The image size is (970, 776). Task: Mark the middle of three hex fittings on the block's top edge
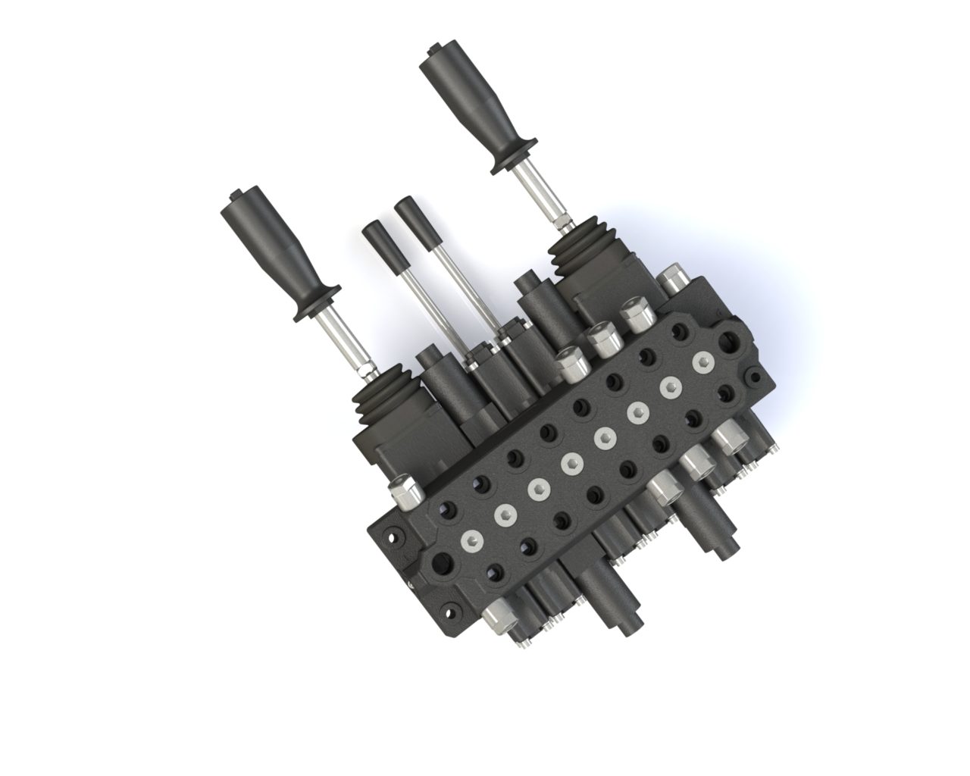602,342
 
